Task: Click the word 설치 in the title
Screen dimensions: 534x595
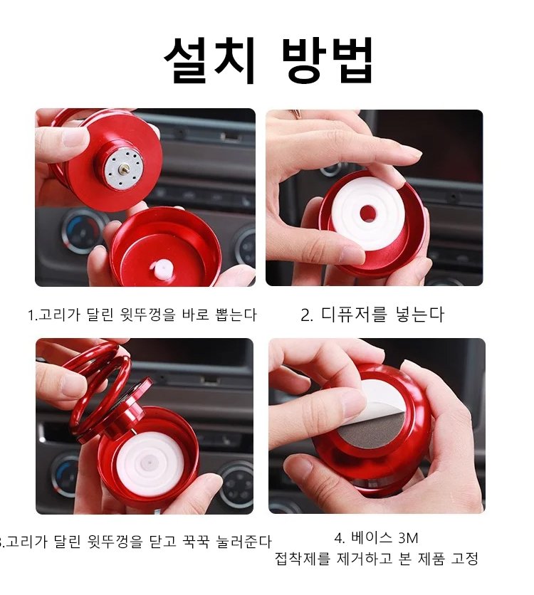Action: point(209,60)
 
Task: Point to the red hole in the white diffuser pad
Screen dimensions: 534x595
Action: point(367,214)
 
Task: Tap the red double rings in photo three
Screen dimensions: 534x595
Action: point(100,387)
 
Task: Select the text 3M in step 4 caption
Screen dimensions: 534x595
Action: point(408,538)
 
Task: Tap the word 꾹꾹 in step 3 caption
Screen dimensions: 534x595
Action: point(196,542)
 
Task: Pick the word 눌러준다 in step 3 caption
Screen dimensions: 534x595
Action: point(244,542)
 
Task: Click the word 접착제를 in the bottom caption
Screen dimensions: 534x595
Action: point(303,559)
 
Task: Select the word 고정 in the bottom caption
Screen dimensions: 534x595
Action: point(464,559)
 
